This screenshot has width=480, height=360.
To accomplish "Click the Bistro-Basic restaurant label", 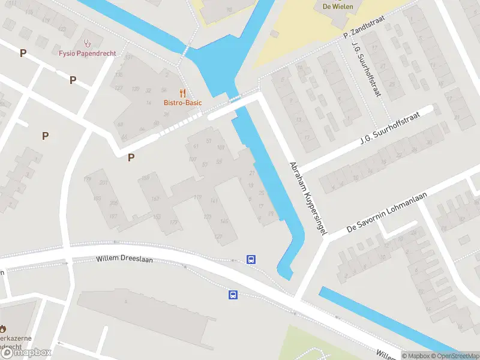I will pos(182,103).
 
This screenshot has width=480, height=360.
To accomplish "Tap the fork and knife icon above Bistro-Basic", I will pos(183,93).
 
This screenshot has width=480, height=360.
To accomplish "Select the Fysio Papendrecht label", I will pos(88,53).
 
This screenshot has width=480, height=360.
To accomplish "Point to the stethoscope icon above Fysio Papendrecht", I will pos(88,43).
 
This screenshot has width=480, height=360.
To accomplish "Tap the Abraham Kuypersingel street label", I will pos(307,197).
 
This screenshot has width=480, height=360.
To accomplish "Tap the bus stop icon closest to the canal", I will pos(251,260).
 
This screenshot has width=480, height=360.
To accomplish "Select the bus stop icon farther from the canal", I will pos(233,295).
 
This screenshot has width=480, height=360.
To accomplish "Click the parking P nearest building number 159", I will pos(131,158).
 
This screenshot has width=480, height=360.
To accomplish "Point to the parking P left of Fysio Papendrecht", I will pos(23,53).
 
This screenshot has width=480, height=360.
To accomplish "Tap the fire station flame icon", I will pos(2,329).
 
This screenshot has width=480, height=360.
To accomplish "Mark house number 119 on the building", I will pos(197,197).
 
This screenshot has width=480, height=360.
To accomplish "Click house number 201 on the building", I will pos(104,182).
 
